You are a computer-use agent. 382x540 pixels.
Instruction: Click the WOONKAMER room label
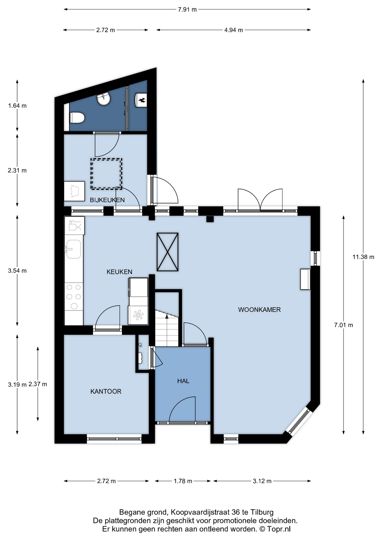click(x=259, y=310)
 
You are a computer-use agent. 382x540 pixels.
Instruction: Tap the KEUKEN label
click(x=119, y=272)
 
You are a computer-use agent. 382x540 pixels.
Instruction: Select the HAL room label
click(x=183, y=381)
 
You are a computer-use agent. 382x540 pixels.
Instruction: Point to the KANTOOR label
click(x=106, y=391)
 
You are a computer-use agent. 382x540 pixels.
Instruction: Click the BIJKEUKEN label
click(x=107, y=200)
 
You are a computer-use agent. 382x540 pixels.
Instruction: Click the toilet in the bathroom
click(x=77, y=118)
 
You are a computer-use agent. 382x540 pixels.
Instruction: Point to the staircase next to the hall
click(x=167, y=328)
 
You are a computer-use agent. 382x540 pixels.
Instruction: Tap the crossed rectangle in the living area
click(x=167, y=252)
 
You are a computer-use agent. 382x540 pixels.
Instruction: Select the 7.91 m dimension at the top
click(x=187, y=9)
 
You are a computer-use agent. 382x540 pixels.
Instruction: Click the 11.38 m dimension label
click(x=363, y=257)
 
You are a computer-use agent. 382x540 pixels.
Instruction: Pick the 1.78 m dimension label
click(x=183, y=481)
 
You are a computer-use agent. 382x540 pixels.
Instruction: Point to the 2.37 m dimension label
click(x=38, y=384)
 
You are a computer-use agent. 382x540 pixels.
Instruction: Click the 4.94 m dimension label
click(x=233, y=30)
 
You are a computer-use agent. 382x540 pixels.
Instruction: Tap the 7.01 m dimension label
click(x=343, y=325)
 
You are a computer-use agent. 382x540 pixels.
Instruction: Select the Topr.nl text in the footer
click(x=279, y=529)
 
